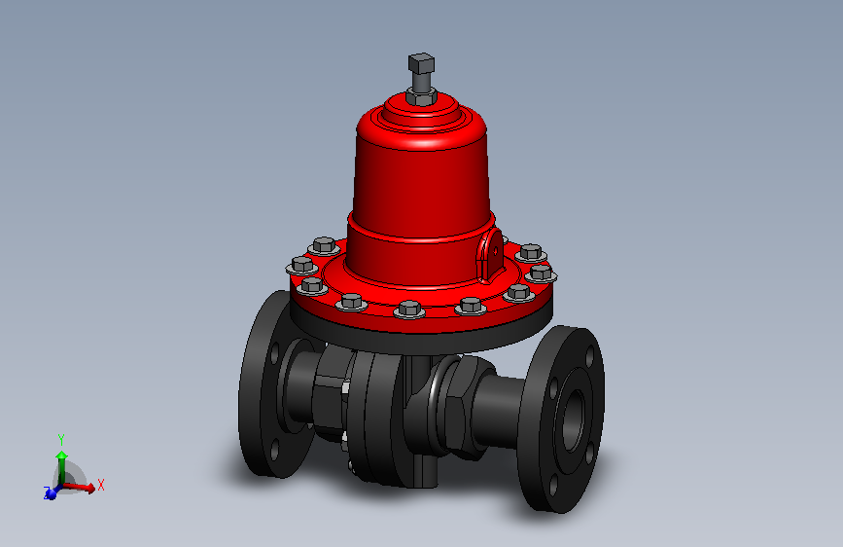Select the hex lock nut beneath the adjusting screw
421,97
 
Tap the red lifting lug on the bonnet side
492,251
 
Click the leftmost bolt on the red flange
301,265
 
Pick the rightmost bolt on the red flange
543,273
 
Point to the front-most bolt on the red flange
408,310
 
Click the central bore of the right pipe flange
572,417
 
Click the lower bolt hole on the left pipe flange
274,449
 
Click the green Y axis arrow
61,457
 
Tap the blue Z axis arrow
50,493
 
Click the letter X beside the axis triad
100,484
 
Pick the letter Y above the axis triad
61,439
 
